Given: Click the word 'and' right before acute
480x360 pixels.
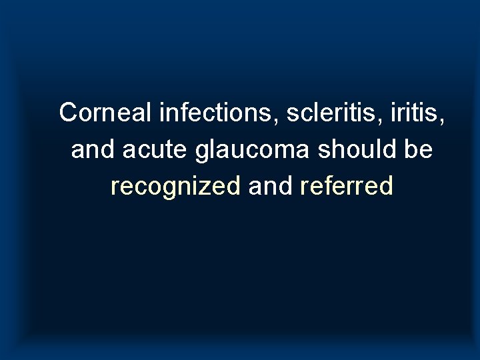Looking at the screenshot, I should point(91,150).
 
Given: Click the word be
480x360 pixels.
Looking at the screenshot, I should point(418,150).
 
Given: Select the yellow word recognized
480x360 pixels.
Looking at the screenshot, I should point(176,187).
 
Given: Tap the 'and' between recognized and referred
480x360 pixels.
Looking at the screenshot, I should point(270,187).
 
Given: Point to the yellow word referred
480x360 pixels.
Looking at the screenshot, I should point(347,187).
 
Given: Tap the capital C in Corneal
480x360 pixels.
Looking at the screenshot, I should point(67,113).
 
